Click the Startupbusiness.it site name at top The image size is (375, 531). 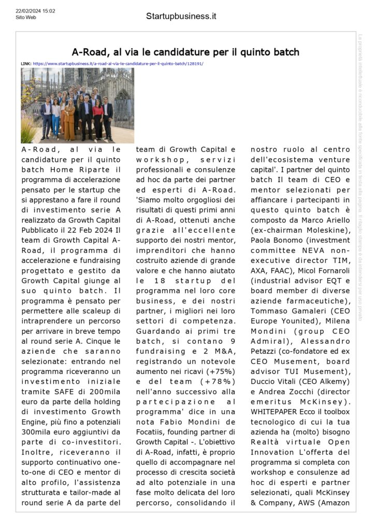point(181,16)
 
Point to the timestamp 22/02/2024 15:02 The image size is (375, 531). point(35,10)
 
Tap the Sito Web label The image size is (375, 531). point(26,17)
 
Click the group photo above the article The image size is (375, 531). point(77,105)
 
